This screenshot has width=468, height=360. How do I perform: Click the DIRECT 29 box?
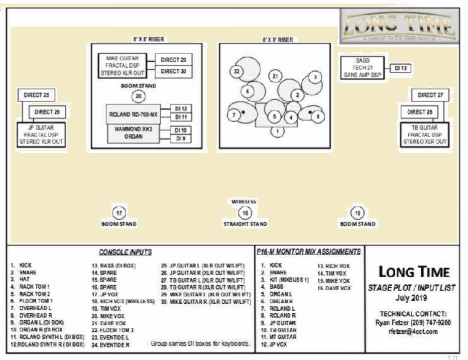pyautogui.click(x=173, y=60)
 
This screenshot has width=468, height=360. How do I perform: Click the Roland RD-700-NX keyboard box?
pyautogui.click(x=134, y=114)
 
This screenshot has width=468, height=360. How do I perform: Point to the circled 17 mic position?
pyautogui.click(x=119, y=212)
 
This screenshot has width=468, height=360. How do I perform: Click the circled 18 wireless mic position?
pyautogui.click(x=245, y=212)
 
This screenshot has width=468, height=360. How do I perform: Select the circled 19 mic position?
pyautogui.click(x=358, y=212)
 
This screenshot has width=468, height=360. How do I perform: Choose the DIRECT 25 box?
pyautogui.click(x=36, y=94)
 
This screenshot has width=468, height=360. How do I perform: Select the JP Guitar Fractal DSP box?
pyautogui.click(x=42, y=135)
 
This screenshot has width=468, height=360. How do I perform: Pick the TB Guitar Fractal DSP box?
pyautogui.click(x=425, y=135)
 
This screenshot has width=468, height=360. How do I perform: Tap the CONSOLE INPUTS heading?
pyautogui.click(x=125, y=252)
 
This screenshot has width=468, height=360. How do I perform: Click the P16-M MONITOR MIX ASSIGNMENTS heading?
pyautogui.click(x=308, y=252)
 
